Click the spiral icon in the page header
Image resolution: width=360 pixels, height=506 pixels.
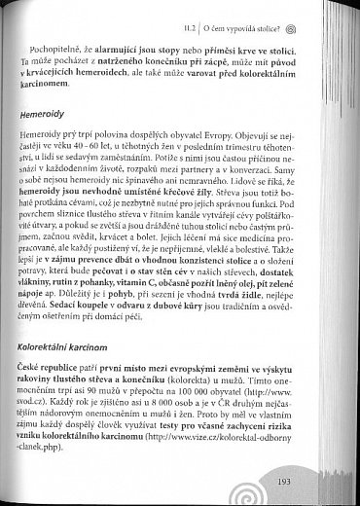(x=330, y=13)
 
